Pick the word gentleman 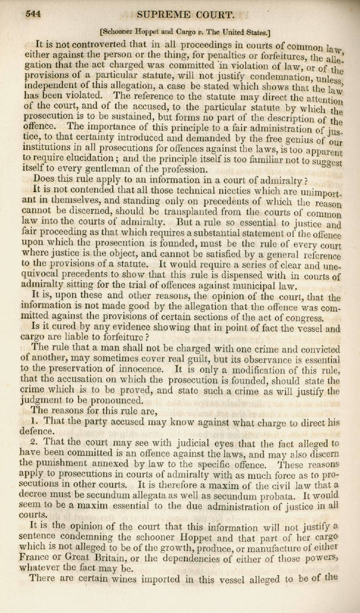92,169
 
